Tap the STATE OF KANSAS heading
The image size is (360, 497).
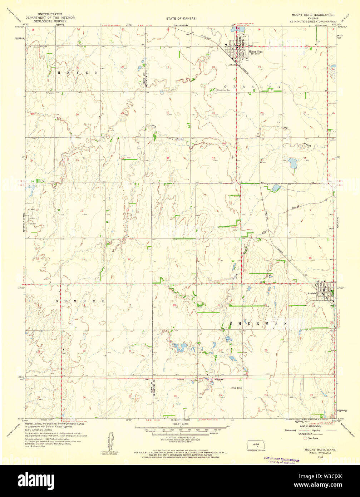coord(181,18)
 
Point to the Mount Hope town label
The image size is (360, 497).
coord(255,51)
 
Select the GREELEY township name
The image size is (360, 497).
coord(252,87)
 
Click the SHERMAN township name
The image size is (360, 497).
coord(258,323)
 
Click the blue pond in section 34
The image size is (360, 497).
coord(293,163)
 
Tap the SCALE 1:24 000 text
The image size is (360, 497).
coord(181,424)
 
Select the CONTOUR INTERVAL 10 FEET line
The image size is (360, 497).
coord(181,437)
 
